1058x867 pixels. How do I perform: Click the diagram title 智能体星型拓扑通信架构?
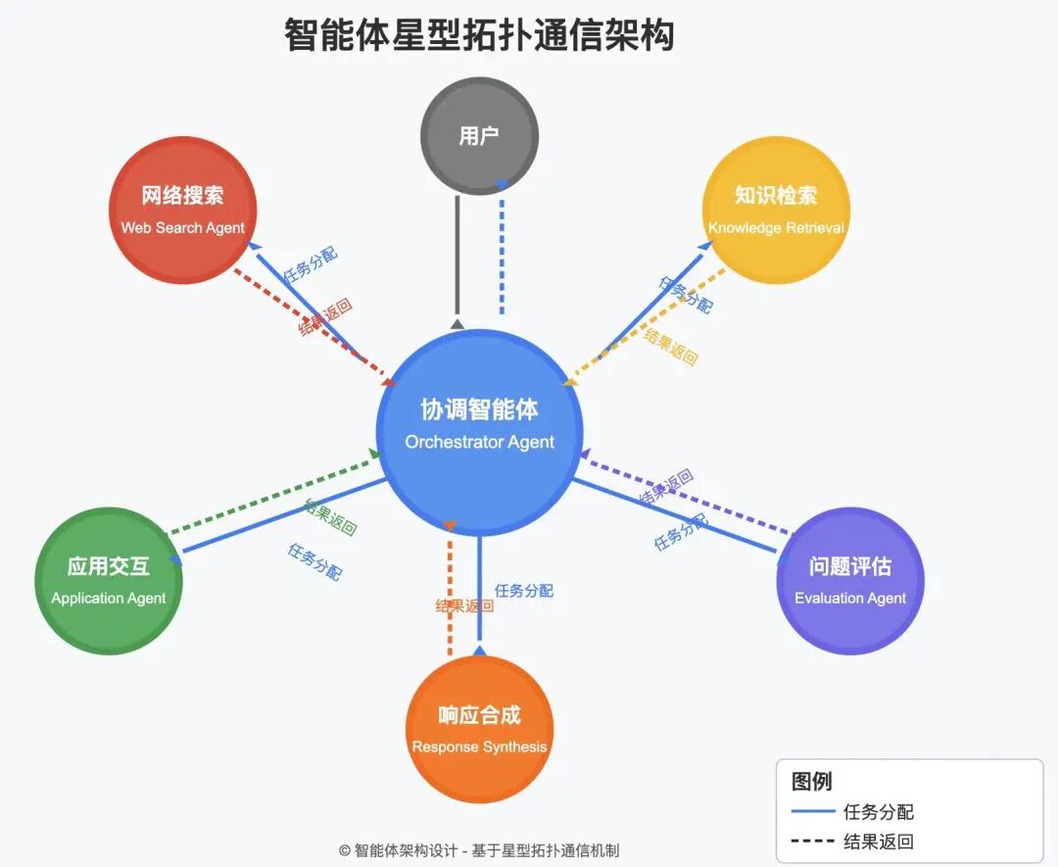479,36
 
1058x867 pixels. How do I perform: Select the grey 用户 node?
479,136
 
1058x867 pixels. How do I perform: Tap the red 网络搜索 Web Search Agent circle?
182,210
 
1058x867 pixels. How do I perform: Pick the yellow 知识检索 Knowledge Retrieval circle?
776,210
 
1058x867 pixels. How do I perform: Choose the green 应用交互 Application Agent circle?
108,581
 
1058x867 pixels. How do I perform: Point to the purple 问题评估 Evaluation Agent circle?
849,581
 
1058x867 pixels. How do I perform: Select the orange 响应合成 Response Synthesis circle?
479,730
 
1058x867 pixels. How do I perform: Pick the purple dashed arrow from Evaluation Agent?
686,495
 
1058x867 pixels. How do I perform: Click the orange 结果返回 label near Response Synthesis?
463,606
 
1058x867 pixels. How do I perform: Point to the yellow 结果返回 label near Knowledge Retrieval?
671,347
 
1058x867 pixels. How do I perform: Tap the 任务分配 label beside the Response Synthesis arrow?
524,591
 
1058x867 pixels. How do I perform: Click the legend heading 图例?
811,781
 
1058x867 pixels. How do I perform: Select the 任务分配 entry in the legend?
878,812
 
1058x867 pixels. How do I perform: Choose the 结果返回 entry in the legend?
878,842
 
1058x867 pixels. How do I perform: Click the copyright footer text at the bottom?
479,850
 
